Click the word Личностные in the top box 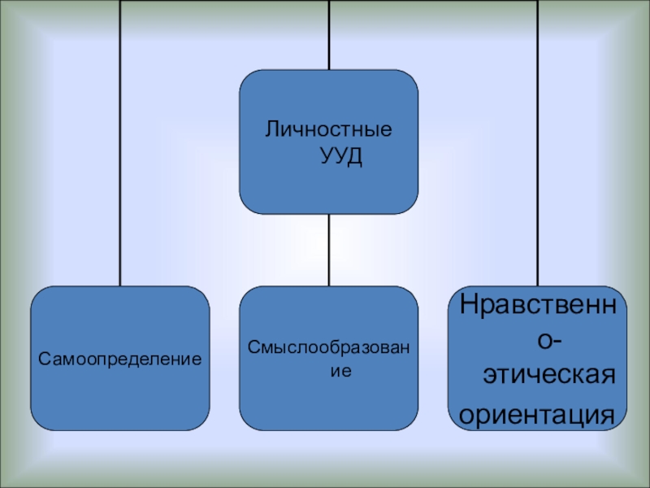[329, 129]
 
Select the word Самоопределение [120, 358]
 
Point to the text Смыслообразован [328, 348]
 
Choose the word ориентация [537, 413]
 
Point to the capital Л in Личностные [272, 129]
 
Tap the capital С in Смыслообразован [252, 348]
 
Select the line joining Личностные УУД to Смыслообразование [329, 250]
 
